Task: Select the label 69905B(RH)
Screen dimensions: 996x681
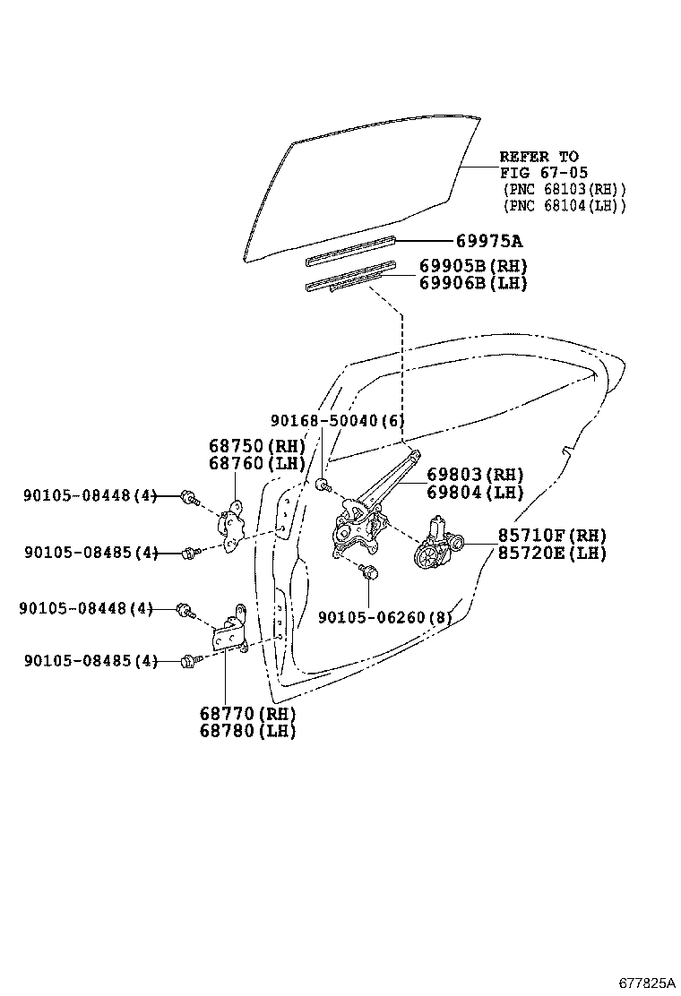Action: coord(473,266)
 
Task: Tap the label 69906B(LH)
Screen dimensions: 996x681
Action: coord(473,283)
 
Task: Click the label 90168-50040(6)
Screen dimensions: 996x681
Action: coord(337,420)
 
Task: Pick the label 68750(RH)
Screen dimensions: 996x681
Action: coord(257,446)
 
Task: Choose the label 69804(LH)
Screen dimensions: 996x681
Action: coord(475,492)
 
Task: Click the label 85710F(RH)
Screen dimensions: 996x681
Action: coord(553,536)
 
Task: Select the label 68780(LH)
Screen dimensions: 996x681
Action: coord(247,730)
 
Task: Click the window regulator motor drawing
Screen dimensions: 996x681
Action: coord(438,544)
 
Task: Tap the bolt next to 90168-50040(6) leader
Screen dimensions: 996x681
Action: coord(323,485)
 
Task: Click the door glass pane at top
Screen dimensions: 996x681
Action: coord(358,188)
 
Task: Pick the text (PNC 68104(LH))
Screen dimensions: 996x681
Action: coord(564,206)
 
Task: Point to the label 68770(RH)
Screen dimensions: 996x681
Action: coord(247,713)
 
